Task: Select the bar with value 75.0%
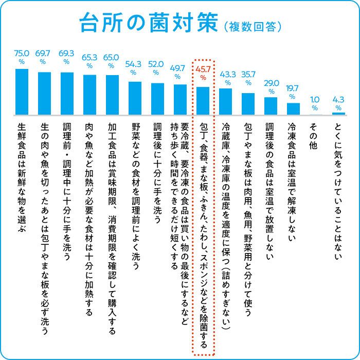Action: pos(22,92)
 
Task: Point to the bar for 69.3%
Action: pos(67,93)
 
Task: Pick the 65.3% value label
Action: pos(89,60)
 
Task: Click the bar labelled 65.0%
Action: pos(112,95)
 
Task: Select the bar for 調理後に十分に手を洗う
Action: pos(157,99)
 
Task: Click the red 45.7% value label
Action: pos(203,71)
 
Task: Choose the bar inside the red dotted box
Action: pos(203,101)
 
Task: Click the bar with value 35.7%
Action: pos(248,103)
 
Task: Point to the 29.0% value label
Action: pos(271,86)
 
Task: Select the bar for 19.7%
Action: pos(293,109)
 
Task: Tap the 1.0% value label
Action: pos(315,102)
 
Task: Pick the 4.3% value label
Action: pos(338,102)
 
